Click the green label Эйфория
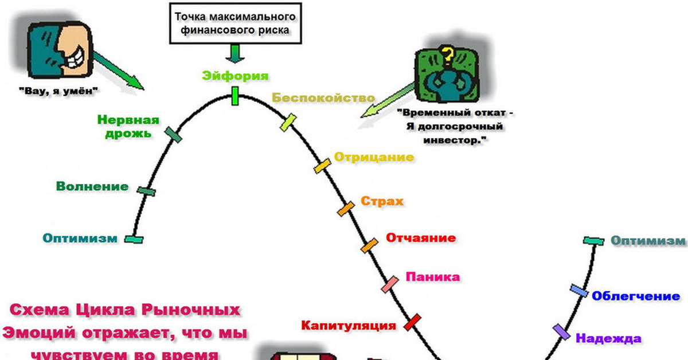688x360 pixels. click(235, 76)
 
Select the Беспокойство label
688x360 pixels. click(323, 98)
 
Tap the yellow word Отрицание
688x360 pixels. click(374, 157)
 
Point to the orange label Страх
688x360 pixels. click(382, 202)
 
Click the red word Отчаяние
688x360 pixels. click(421, 238)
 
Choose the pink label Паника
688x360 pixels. click(433, 277)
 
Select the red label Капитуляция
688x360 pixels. click(349, 326)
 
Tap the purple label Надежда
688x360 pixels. click(608, 338)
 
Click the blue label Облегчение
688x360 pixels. click(636, 296)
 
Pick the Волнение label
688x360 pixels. click(92, 186)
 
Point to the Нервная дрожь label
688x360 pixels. click(128, 127)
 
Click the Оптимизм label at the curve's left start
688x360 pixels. click(80, 238)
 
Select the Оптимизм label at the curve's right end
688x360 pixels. click(648, 241)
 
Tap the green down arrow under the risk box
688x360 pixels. click(235, 53)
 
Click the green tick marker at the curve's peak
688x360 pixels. click(235, 96)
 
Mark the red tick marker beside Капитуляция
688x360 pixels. click(413, 322)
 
